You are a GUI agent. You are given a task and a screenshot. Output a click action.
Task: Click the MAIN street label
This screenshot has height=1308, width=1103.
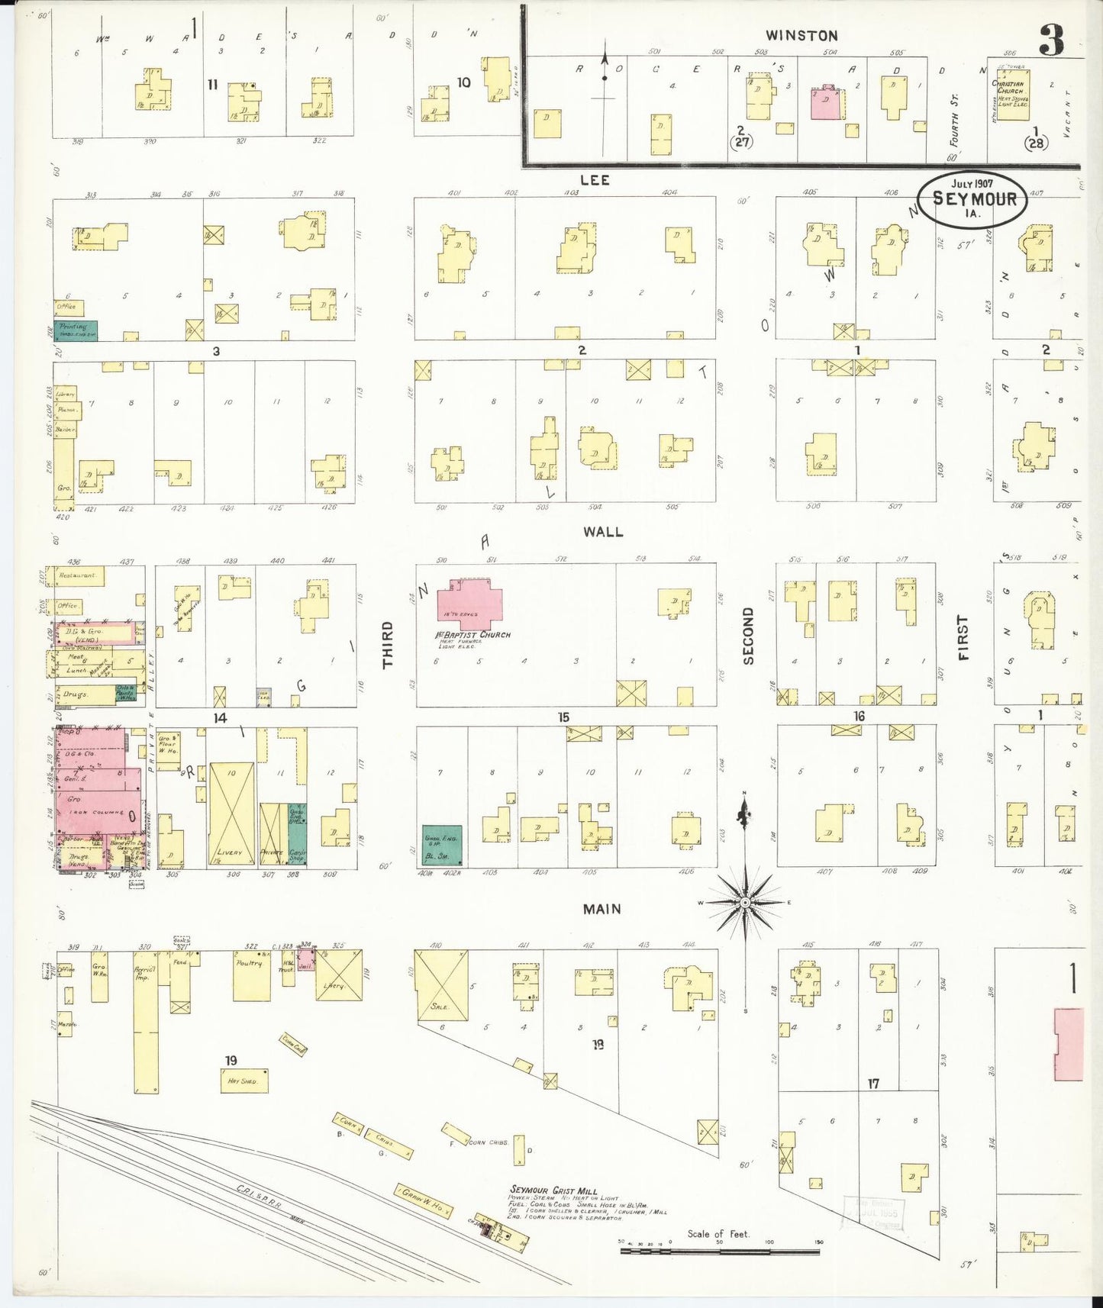click(601, 909)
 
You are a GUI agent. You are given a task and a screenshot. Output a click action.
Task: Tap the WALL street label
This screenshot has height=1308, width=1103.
click(603, 531)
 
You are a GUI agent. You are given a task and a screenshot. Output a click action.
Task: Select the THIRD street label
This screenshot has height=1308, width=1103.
click(388, 645)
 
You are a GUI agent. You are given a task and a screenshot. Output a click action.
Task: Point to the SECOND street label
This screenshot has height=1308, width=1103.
click(748, 635)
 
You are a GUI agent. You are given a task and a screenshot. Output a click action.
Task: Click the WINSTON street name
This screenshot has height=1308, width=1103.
click(801, 35)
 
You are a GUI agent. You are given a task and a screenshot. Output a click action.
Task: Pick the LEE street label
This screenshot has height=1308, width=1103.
click(595, 179)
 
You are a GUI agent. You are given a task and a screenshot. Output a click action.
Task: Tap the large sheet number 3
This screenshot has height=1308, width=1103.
click(1051, 40)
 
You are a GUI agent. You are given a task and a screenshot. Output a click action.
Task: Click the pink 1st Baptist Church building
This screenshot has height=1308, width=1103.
click(476, 603)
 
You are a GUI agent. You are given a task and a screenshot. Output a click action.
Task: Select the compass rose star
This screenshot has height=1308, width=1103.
click(744, 902)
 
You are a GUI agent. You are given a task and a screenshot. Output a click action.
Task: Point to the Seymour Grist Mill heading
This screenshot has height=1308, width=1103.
click(546, 1190)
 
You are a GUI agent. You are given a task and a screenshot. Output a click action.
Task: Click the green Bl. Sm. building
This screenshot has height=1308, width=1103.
click(443, 845)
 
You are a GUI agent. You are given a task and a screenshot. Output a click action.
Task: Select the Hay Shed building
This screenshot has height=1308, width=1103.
click(244, 1081)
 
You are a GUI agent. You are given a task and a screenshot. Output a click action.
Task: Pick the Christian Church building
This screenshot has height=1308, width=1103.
click(1011, 94)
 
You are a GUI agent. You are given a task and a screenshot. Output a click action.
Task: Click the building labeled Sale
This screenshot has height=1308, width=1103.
click(442, 985)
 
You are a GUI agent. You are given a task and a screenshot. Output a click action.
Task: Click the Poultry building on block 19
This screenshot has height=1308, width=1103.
click(252, 977)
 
